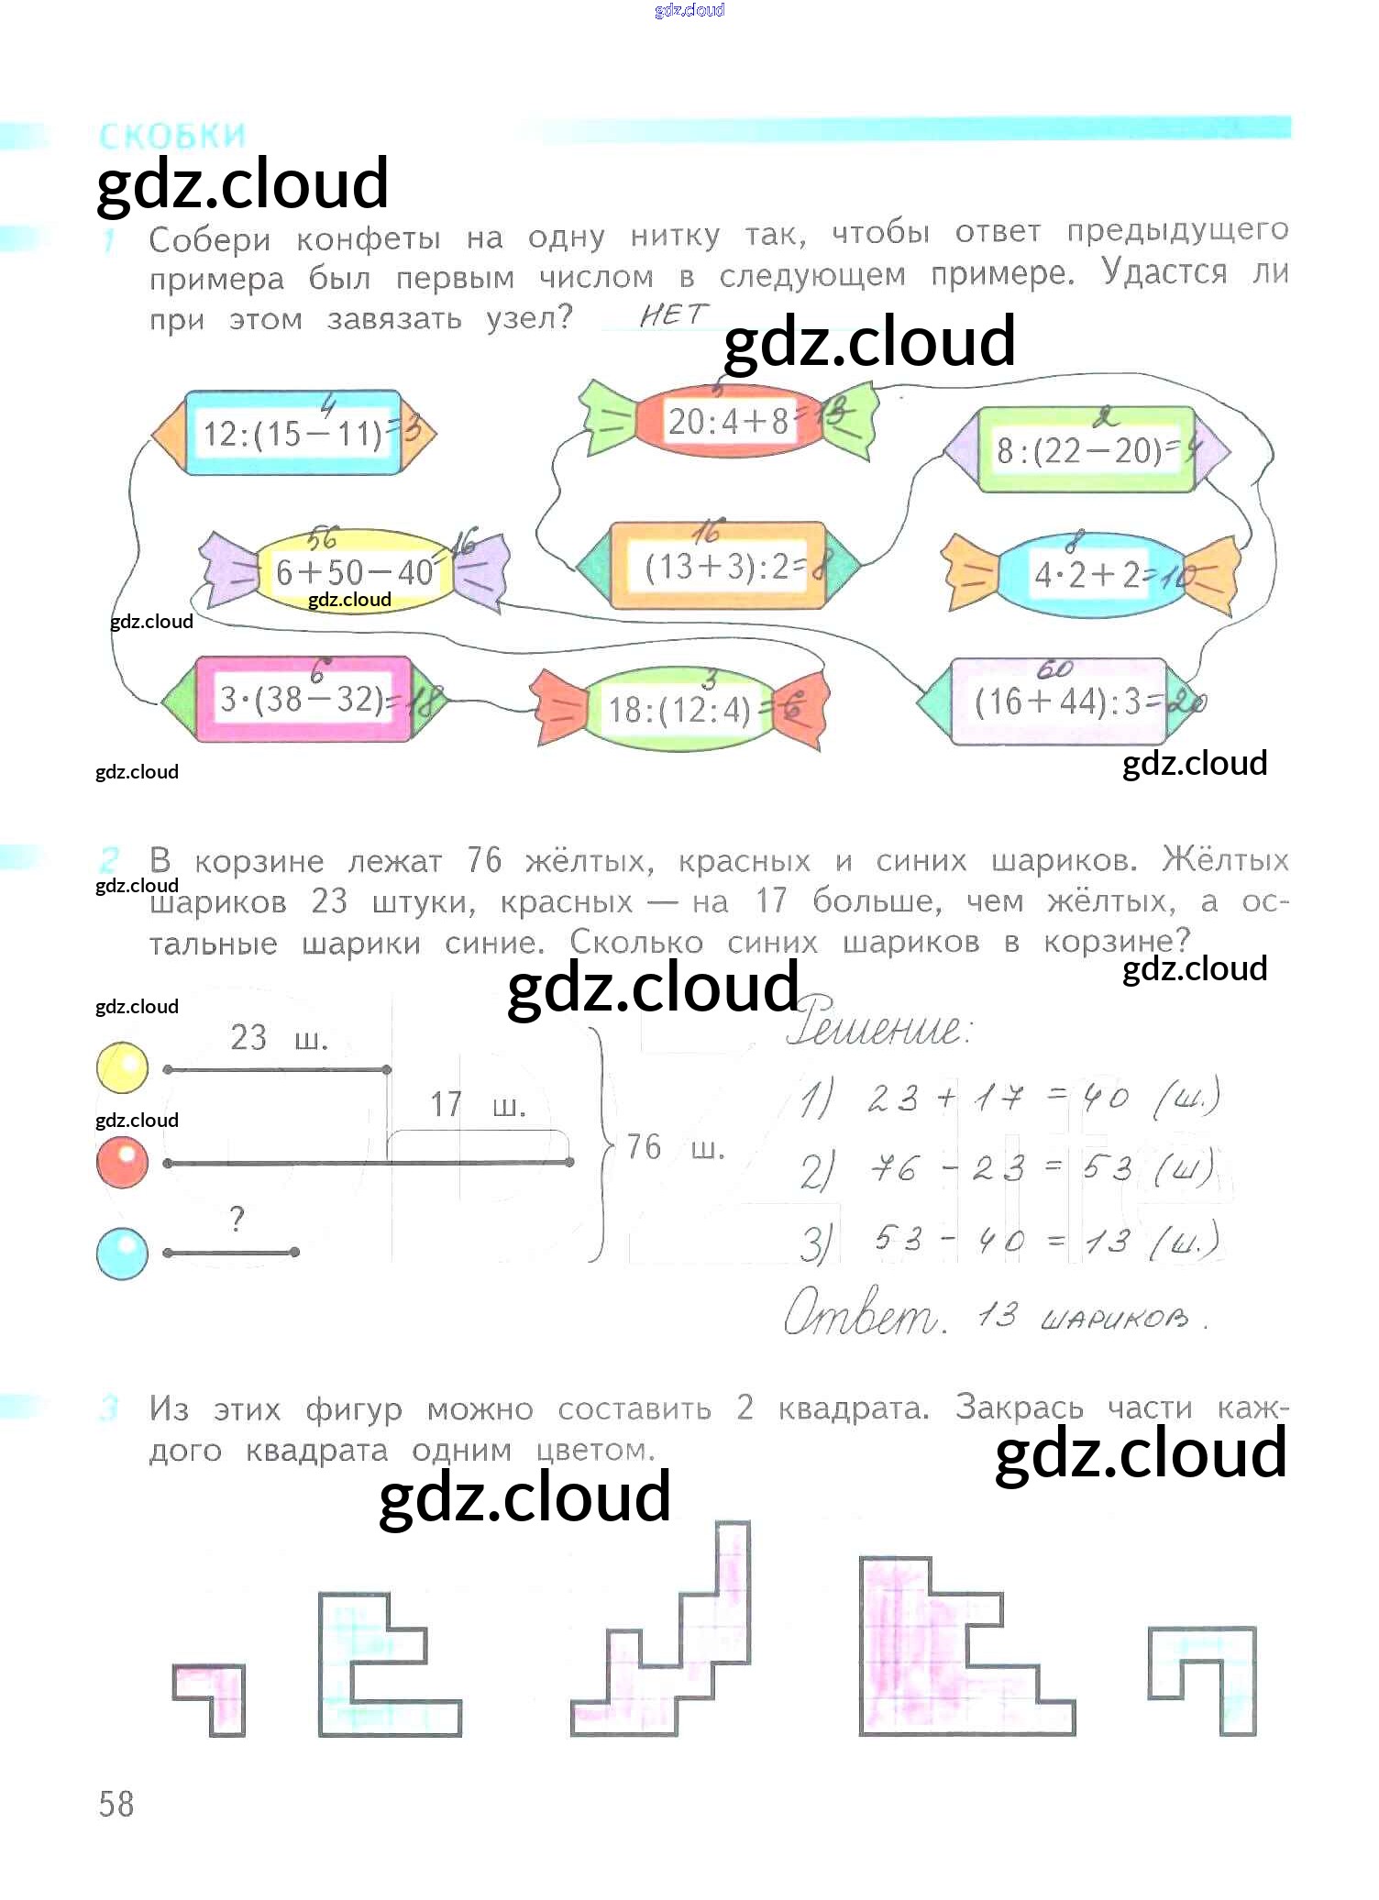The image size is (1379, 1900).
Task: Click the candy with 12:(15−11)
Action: (x=293, y=433)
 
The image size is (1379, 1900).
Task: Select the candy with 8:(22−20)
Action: (x=1087, y=449)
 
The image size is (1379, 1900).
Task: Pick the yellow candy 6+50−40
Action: (x=354, y=571)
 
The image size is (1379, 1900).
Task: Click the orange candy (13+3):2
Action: (x=718, y=566)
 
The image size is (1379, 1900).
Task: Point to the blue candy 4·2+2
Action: (x=1089, y=574)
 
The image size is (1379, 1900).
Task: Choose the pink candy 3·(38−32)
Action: (x=303, y=700)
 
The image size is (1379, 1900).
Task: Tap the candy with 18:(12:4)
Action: (x=680, y=709)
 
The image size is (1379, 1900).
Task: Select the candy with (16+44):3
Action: (x=1059, y=701)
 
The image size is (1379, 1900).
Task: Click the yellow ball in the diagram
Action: (x=122, y=1067)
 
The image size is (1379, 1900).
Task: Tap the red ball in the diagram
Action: (x=122, y=1162)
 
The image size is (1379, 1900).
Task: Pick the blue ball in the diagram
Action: (x=122, y=1253)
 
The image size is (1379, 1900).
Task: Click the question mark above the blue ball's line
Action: (x=237, y=1220)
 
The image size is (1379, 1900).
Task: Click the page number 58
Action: (x=116, y=1804)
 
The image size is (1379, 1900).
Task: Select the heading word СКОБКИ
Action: (x=172, y=137)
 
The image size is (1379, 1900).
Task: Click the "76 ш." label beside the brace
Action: (x=675, y=1147)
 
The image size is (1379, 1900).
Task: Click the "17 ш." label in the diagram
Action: (x=478, y=1104)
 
